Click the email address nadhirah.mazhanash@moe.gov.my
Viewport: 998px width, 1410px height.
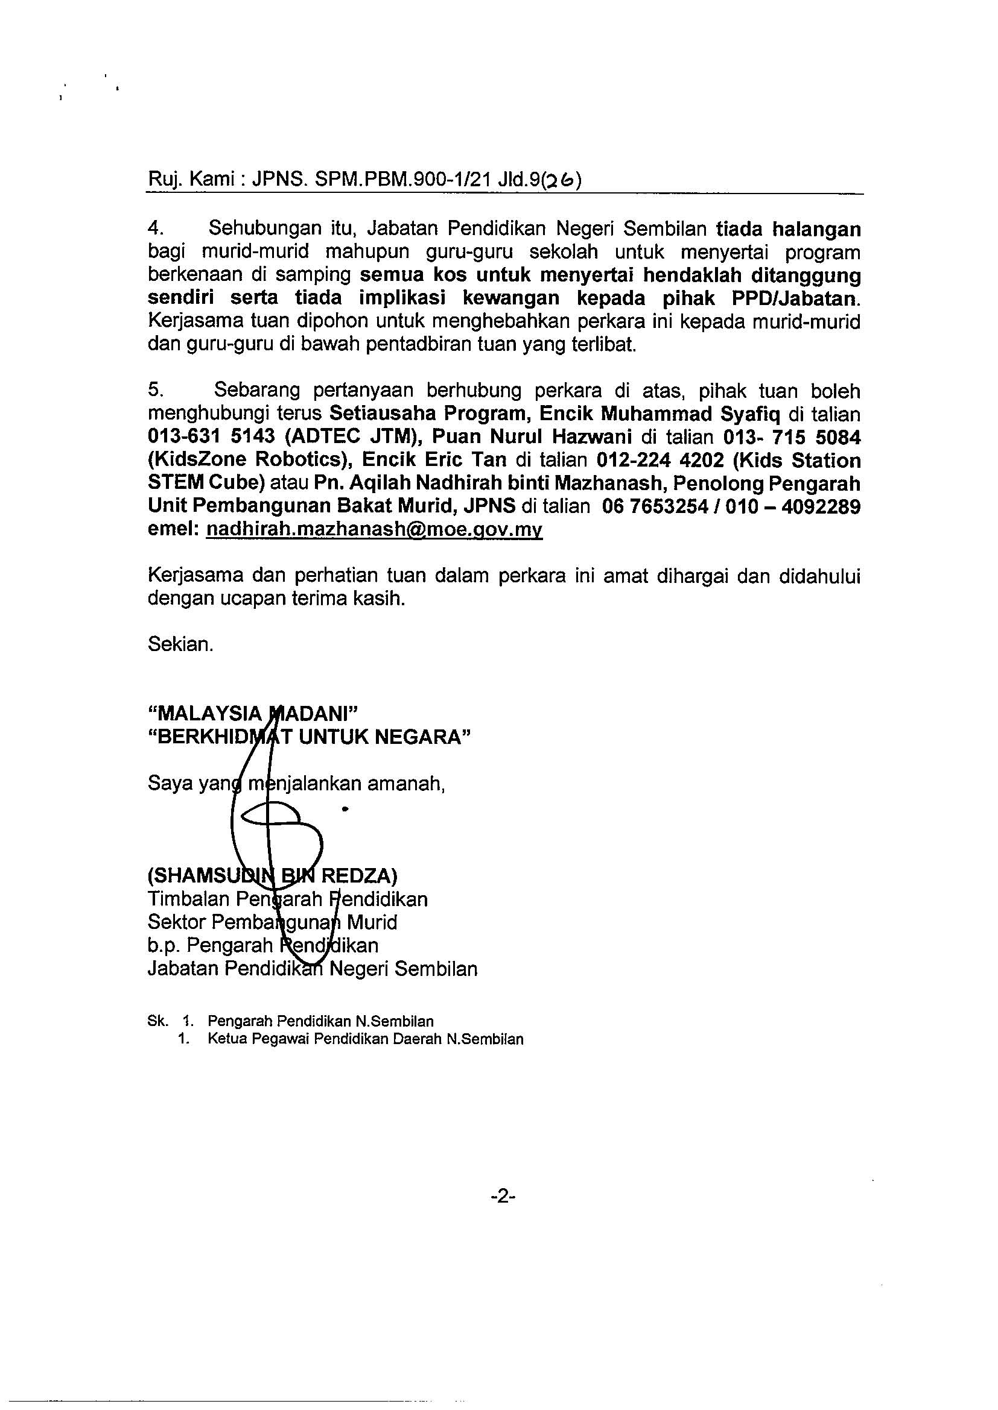(374, 530)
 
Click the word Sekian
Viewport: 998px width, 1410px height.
(180, 644)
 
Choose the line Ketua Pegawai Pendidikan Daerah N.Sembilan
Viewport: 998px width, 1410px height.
(365, 1039)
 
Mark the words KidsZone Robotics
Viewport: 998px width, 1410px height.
(249, 460)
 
